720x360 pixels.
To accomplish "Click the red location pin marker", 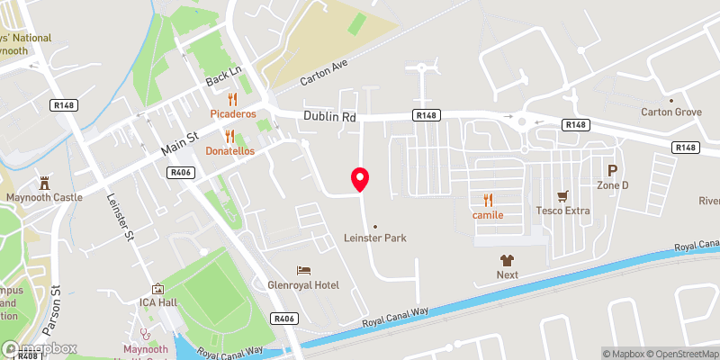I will (x=360, y=179).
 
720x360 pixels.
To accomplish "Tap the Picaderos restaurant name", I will (x=233, y=114).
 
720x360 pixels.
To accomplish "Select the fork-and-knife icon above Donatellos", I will (x=229, y=136).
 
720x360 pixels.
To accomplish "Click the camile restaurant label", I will (x=487, y=215).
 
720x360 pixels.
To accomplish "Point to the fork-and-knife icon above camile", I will (x=488, y=200).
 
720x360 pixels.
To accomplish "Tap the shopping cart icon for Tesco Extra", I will (x=563, y=195).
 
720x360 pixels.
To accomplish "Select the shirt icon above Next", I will (x=508, y=258).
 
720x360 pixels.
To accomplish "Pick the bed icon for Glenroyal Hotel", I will (x=304, y=270).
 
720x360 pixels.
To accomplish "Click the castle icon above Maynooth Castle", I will (x=43, y=182).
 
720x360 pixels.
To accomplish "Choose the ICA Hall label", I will (x=158, y=302).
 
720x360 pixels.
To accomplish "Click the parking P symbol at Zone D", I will (x=613, y=170).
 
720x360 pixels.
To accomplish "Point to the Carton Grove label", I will (x=670, y=112).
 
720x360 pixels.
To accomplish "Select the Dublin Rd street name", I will (x=329, y=117).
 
